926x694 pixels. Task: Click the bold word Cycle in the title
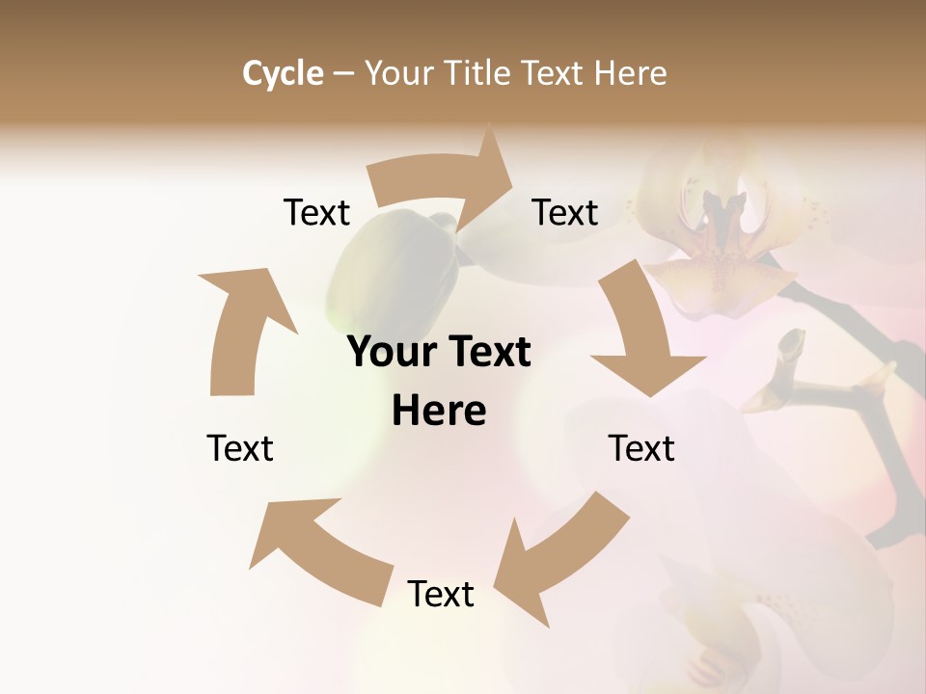tap(283, 73)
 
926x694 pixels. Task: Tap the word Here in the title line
tap(631, 73)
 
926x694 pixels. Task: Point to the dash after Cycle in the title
tap(343, 73)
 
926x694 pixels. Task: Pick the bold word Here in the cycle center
tap(439, 412)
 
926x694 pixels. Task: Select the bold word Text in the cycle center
tap(488, 353)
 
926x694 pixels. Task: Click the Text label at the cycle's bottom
tap(441, 595)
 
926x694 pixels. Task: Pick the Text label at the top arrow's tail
tap(316, 213)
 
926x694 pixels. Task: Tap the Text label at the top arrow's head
tap(565, 213)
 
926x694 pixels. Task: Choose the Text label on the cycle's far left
tap(240, 448)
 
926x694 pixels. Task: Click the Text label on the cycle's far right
tap(641, 448)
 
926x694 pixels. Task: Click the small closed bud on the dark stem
tap(789, 347)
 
